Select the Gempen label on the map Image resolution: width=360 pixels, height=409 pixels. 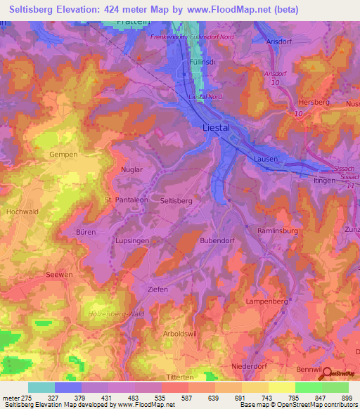click(x=62, y=154)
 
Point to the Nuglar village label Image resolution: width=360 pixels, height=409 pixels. click(x=131, y=170)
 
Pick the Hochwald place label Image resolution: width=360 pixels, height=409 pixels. click(x=21, y=211)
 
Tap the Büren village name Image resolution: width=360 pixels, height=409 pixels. click(x=85, y=232)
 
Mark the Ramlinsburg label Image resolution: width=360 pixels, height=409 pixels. click(x=278, y=231)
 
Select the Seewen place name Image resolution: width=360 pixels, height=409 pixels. click(x=58, y=275)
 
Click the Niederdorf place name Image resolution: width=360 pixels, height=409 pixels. click(x=251, y=367)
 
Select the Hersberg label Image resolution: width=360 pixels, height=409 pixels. click(x=314, y=102)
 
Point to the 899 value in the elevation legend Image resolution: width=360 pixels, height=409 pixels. click(x=347, y=398)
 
